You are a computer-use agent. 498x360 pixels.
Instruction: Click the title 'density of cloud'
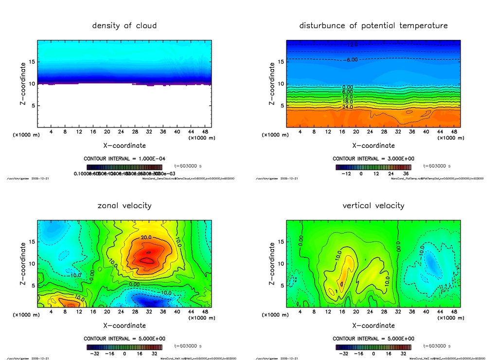124,25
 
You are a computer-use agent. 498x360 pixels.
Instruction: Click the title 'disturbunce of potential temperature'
373,25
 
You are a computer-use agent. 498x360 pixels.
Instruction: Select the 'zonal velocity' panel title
124,205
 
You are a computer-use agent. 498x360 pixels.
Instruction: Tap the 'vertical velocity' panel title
373,205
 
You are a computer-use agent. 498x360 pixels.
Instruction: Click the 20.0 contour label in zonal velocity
147,237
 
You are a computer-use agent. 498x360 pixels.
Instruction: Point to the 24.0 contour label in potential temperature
347,107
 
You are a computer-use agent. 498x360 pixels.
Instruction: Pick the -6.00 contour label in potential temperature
351,60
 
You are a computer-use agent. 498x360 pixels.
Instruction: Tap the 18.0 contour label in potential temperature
347,102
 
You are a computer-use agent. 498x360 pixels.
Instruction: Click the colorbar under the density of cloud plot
124,167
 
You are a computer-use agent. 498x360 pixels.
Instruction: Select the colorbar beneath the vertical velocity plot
373,347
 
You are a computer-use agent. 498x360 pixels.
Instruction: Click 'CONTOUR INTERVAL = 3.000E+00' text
373,159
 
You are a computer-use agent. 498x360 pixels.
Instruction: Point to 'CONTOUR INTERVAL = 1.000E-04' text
124,159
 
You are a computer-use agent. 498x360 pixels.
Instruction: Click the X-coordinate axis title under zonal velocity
124,325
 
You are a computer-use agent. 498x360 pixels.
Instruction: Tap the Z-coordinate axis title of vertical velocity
272,263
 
